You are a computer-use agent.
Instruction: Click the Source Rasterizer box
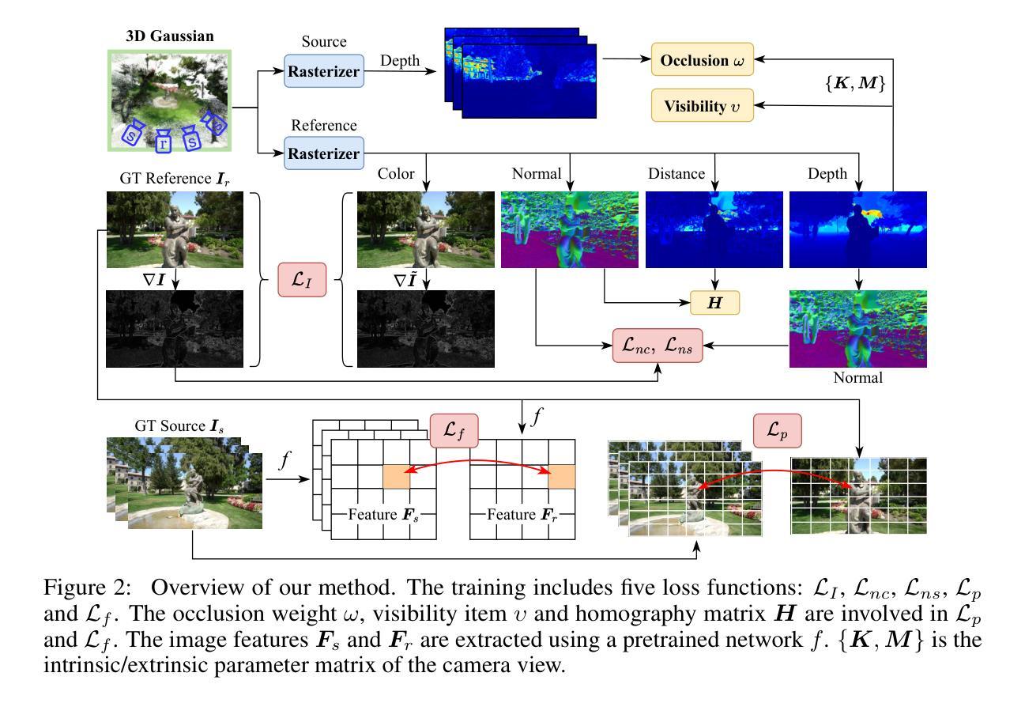pos(323,72)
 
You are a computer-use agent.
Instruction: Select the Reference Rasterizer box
pos(323,153)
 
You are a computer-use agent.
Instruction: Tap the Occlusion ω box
pos(702,60)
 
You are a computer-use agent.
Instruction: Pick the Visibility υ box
pos(702,105)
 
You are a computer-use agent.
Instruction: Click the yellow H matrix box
pos(715,302)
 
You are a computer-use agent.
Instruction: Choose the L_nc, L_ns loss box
pos(657,346)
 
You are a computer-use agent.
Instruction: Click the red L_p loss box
pos(778,432)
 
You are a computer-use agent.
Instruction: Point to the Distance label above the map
pos(684,173)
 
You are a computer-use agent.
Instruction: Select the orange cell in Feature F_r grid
pos(561,476)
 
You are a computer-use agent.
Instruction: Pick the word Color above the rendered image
pos(397,173)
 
